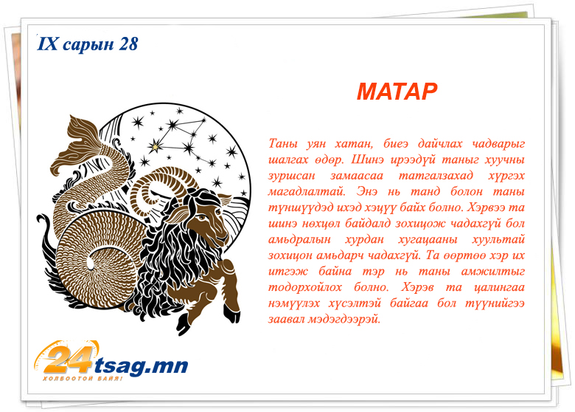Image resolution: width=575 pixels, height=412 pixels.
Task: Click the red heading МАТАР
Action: click(x=397, y=92)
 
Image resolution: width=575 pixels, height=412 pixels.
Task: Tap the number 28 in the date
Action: click(x=128, y=44)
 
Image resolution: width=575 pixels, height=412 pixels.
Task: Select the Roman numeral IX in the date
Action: click(x=48, y=44)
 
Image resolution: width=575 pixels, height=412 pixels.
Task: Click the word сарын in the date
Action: click(x=88, y=45)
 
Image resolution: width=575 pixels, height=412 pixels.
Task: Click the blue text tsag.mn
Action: click(x=142, y=365)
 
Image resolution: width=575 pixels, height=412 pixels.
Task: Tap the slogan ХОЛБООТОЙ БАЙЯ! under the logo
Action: click(x=82, y=379)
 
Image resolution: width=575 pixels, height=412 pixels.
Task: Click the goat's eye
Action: click(x=202, y=218)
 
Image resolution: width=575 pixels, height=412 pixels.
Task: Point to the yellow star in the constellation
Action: click(x=156, y=146)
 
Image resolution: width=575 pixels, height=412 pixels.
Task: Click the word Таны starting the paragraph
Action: click(x=283, y=143)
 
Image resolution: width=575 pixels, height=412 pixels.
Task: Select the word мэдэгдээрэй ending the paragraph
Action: click(x=344, y=319)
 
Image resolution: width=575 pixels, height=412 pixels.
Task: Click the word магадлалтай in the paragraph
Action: click(x=307, y=192)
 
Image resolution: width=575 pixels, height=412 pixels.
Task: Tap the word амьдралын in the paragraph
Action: click(x=299, y=240)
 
